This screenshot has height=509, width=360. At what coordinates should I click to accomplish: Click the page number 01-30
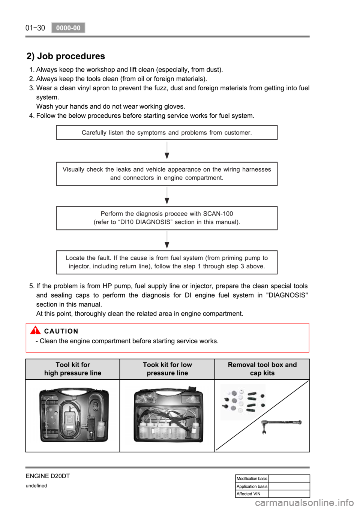click(35, 28)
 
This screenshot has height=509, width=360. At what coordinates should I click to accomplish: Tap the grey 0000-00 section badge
click(68, 28)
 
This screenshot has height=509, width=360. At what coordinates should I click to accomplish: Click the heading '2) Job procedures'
click(66, 56)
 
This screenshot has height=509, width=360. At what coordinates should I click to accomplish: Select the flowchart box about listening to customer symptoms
click(166, 133)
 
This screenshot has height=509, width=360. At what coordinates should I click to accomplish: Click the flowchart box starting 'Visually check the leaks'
click(166, 174)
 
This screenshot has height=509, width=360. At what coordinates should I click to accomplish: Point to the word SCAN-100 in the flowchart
click(218, 214)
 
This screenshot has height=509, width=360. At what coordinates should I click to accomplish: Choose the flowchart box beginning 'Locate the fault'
click(166, 262)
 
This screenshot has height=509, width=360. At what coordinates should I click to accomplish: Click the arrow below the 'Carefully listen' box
click(167, 151)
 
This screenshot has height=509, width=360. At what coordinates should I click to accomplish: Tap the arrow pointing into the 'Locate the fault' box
click(167, 240)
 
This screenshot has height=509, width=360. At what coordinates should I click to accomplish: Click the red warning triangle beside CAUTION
click(35, 331)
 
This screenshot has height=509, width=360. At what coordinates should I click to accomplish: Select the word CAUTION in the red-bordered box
click(61, 331)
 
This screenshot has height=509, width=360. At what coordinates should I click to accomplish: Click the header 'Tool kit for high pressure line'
click(73, 369)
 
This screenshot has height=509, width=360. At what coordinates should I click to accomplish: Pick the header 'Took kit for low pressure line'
click(167, 369)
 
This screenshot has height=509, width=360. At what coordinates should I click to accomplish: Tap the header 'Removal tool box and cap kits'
click(262, 369)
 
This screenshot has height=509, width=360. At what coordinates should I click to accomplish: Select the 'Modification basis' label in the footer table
click(252, 479)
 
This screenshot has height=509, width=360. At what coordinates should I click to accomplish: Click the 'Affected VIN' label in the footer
click(249, 494)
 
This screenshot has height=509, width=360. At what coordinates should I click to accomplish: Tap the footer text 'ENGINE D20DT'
click(48, 476)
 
